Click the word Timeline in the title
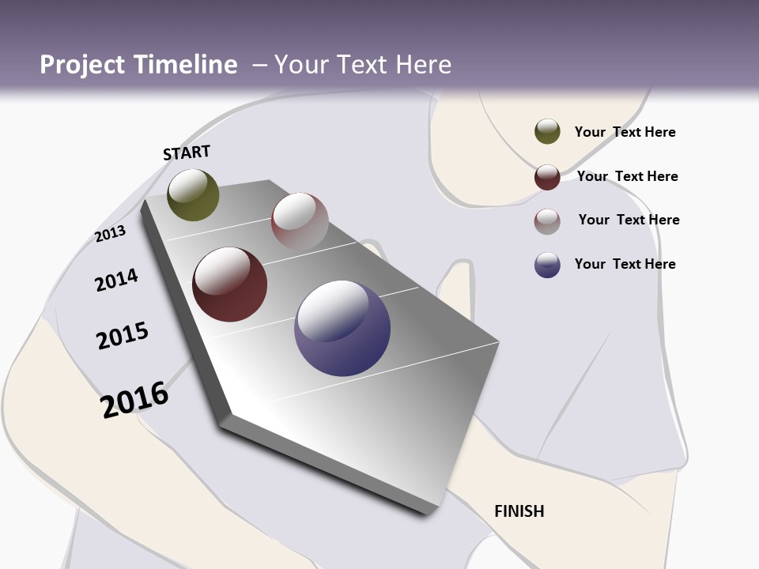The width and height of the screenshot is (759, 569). [x=186, y=65]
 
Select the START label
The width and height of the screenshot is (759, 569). [x=187, y=153]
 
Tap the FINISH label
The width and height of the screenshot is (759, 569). [x=519, y=511]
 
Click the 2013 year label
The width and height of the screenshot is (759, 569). [x=110, y=234]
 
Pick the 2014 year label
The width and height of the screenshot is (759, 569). [x=116, y=280]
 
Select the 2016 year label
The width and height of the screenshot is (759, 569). [x=134, y=399]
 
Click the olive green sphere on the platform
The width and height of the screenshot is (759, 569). [x=193, y=195]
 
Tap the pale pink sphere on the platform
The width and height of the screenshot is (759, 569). [x=300, y=220]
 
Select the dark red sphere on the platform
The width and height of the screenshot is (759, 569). [x=230, y=284]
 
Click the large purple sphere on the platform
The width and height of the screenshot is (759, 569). [x=342, y=328]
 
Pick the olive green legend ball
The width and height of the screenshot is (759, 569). [x=547, y=131]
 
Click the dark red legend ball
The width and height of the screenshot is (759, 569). [x=547, y=177]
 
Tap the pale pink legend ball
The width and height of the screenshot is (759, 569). [x=547, y=221]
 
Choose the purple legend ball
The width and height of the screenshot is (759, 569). [x=547, y=265]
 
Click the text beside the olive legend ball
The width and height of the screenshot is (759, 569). [x=625, y=132]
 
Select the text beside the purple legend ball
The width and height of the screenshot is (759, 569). [x=625, y=264]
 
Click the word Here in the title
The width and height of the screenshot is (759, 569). [x=423, y=65]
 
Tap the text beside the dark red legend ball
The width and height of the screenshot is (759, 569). [x=627, y=176]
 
